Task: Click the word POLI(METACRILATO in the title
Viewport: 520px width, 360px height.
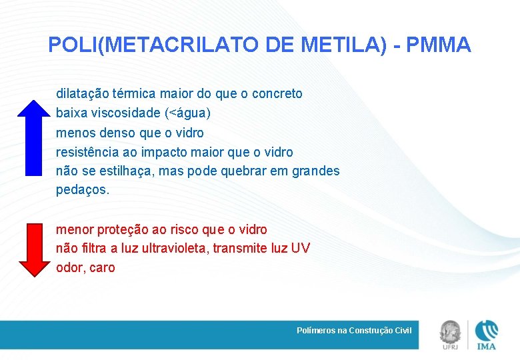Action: tap(154, 45)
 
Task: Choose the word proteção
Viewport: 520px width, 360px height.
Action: tap(123, 229)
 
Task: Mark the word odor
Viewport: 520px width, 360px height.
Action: tap(70, 268)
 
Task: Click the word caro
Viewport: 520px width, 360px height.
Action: tap(101, 268)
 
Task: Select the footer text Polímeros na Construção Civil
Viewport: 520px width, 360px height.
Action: tap(354, 331)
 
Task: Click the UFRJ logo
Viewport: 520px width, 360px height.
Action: tap(449, 334)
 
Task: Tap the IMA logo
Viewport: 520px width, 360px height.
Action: tap(487, 334)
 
